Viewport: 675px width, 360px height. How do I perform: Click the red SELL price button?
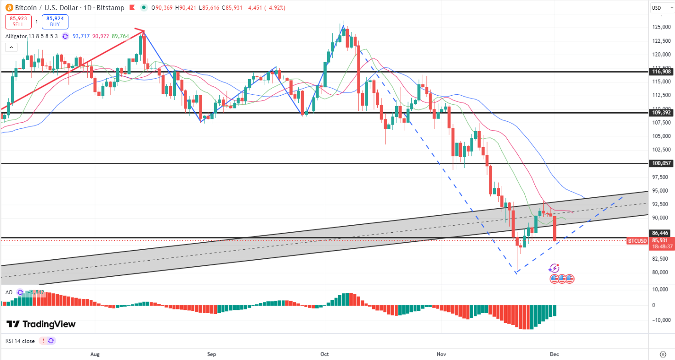point(18,22)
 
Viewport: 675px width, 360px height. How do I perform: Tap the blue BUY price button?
point(55,22)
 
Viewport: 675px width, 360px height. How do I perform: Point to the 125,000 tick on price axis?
point(662,27)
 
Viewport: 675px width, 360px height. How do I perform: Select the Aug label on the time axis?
point(95,354)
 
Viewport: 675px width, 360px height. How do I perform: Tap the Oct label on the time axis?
point(325,354)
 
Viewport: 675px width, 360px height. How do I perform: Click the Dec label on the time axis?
point(555,354)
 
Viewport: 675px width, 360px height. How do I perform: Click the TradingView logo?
point(41,324)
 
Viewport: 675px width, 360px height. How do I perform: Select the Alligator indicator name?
point(16,36)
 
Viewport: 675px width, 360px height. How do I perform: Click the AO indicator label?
point(9,292)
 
